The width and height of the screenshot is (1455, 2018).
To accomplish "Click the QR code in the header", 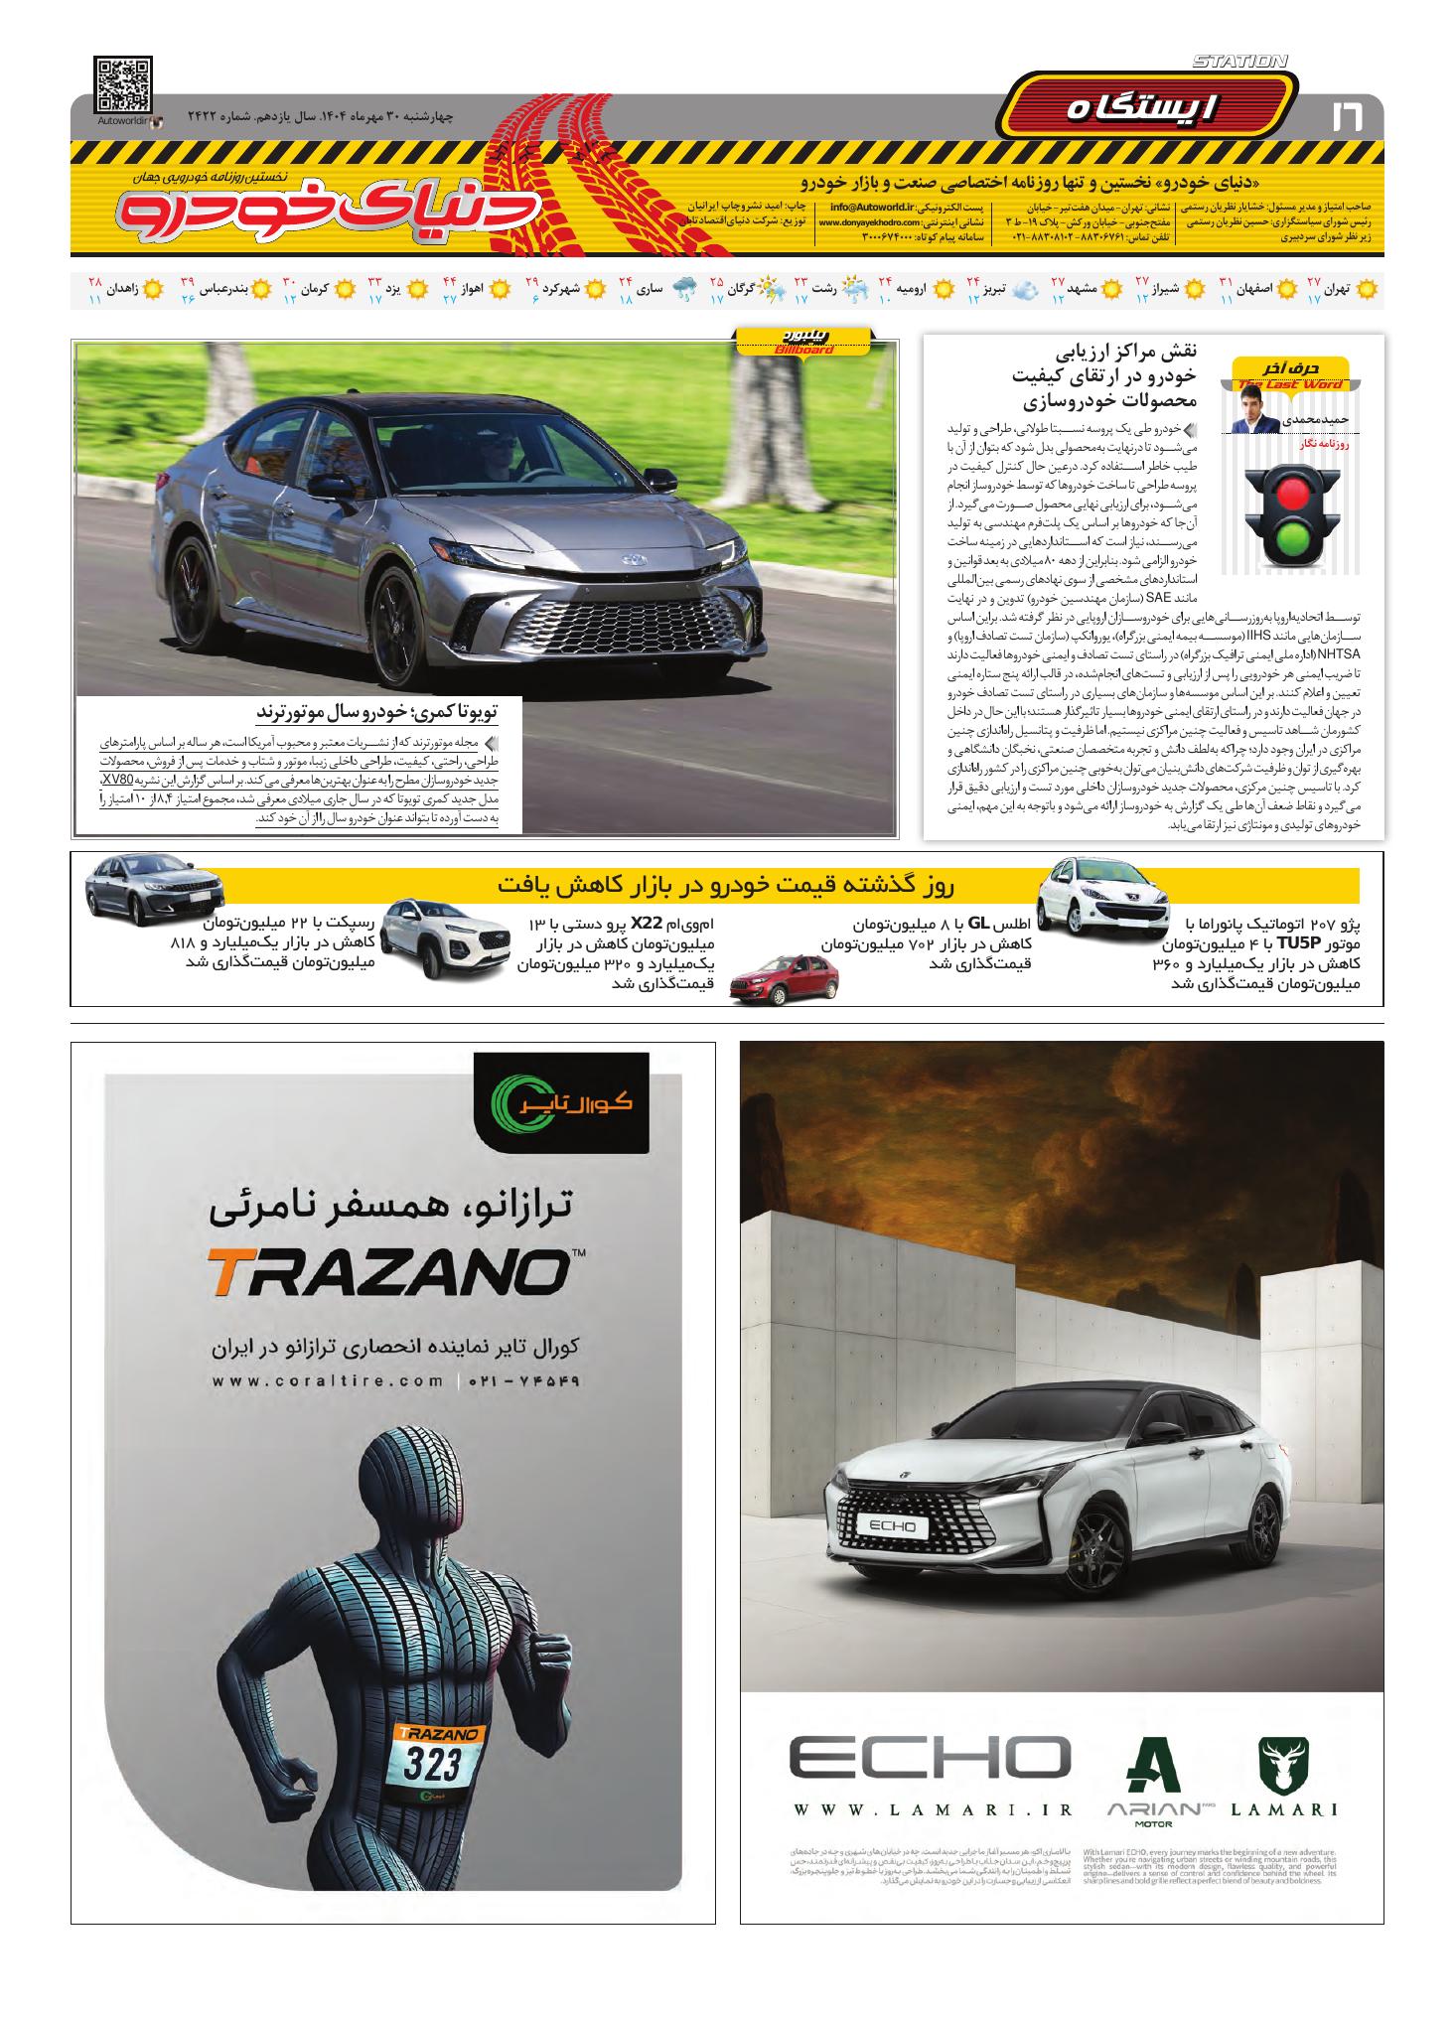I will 124,85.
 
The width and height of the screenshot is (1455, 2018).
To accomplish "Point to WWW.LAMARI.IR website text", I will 930,1809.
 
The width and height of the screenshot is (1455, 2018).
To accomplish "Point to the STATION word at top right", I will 1238,62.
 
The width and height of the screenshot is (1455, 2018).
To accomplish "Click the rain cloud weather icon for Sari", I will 684,290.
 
